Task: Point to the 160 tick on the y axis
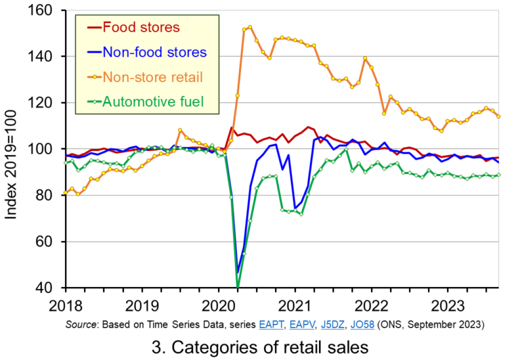click(x=43, y=11)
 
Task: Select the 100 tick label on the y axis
click(x=43, y=150)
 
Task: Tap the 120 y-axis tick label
click(x=43, y=103)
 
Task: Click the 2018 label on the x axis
click(x=65, y=305)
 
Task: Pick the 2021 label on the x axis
click(x=295, y=305)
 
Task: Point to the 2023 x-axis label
click(x=447, y=305)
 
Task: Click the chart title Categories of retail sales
click(x=260, y=346)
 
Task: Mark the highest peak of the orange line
click(x=250, y=27)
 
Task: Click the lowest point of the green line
click(x=238, y=286)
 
